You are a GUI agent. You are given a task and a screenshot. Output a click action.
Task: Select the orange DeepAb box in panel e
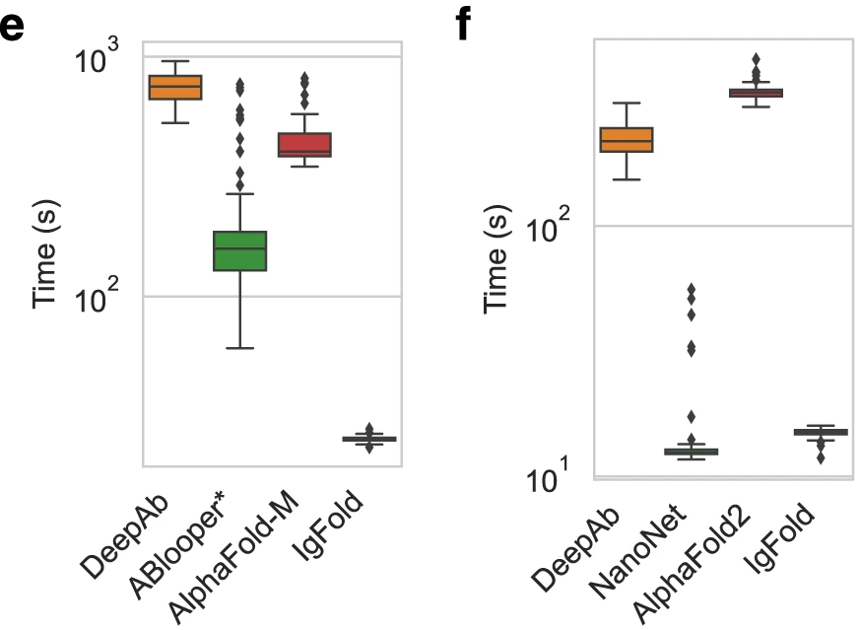tap(175, 87)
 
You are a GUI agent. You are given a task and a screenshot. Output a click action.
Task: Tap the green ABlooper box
tap(240, 250)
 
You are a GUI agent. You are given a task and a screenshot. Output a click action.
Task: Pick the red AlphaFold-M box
tap(305, 145)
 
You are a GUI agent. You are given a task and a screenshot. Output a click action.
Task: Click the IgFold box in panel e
tap(369, 438)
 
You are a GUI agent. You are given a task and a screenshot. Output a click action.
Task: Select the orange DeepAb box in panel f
tap(628, 140)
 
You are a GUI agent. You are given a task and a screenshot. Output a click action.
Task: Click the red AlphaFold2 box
tap(756, 93)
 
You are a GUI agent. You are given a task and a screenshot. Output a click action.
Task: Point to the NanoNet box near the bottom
tap(692, 452)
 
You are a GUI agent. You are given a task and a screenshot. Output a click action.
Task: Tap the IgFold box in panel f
tap(821, 432)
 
